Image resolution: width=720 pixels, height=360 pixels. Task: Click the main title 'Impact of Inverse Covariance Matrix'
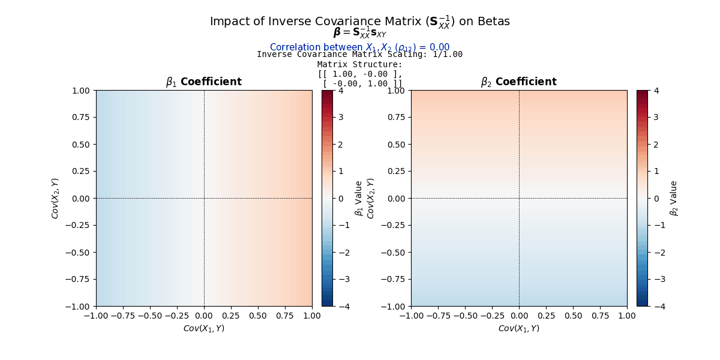[359, 22]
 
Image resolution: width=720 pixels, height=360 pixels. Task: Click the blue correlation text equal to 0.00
[359, 47]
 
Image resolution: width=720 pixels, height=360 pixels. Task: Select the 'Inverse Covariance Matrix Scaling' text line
[359, 55]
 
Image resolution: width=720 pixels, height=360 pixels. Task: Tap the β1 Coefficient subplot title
[204, 82]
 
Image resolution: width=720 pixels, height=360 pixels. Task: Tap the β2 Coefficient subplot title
[519, 82]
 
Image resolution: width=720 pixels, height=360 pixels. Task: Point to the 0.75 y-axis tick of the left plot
[82, 118]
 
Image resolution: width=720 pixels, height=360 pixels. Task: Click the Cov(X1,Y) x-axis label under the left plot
[204, 328]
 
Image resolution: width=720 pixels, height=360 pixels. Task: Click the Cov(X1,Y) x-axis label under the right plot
[519, 328]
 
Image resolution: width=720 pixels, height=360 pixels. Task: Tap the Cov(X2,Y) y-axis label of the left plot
[55, 198]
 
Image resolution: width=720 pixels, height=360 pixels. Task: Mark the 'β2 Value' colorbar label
[674, 198]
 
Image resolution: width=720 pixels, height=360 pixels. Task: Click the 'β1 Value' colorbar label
[359, 198]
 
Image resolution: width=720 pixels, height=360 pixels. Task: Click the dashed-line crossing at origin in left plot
[204, 198]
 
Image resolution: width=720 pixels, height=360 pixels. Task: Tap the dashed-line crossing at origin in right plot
[519, 198]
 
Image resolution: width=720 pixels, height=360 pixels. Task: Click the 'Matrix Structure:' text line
[359, 64]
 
